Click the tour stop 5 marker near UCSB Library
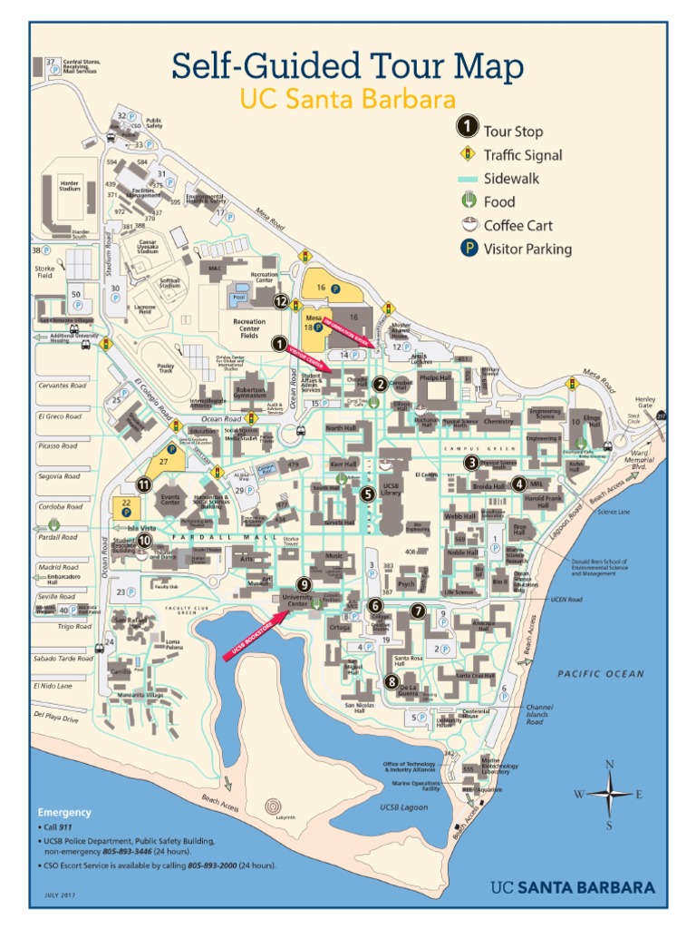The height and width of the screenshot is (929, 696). tap(367, 494)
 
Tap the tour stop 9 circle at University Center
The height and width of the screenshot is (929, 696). tap(304, 585)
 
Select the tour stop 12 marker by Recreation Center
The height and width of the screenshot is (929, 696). tap(281, 302)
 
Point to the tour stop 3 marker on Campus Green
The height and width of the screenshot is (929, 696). tap(471, 463)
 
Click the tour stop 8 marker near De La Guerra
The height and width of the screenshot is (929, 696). tap(391, 681)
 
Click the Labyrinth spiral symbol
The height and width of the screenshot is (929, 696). tap(273, 806)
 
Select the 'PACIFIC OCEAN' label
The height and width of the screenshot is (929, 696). tap(601, 674)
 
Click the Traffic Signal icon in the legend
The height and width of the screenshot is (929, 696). tap(468, 155)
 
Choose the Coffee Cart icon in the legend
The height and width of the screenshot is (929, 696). tap(468, 225)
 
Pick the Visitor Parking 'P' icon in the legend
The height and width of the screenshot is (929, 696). tap(468, 249)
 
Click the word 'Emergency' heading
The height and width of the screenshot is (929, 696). tap(64, 812)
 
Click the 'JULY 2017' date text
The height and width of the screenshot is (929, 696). tap(60, 895)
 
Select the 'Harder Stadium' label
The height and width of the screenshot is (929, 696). tap(70, 185)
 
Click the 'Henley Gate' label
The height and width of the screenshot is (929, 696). tap(645, 402)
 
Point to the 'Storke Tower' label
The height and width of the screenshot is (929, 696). tap(291, 541)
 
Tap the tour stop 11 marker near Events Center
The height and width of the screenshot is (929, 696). tap(143, 484)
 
